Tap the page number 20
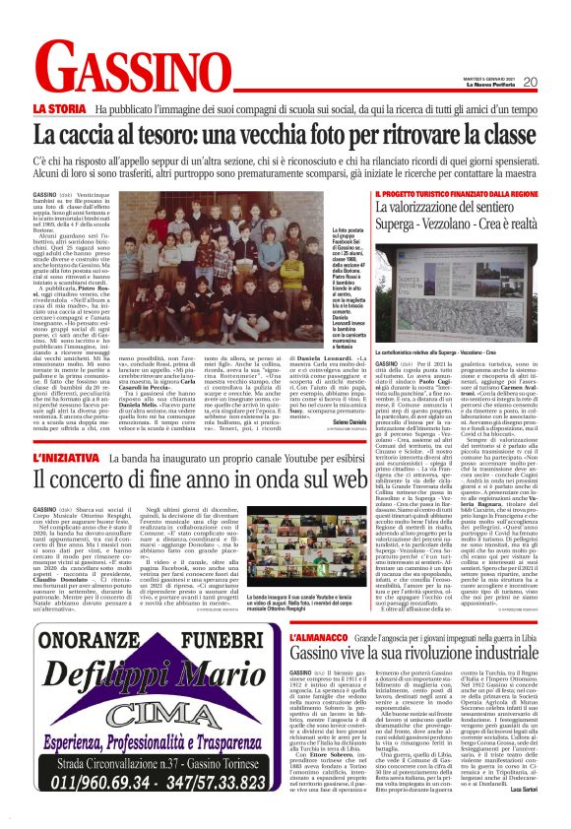click(557, 82)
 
